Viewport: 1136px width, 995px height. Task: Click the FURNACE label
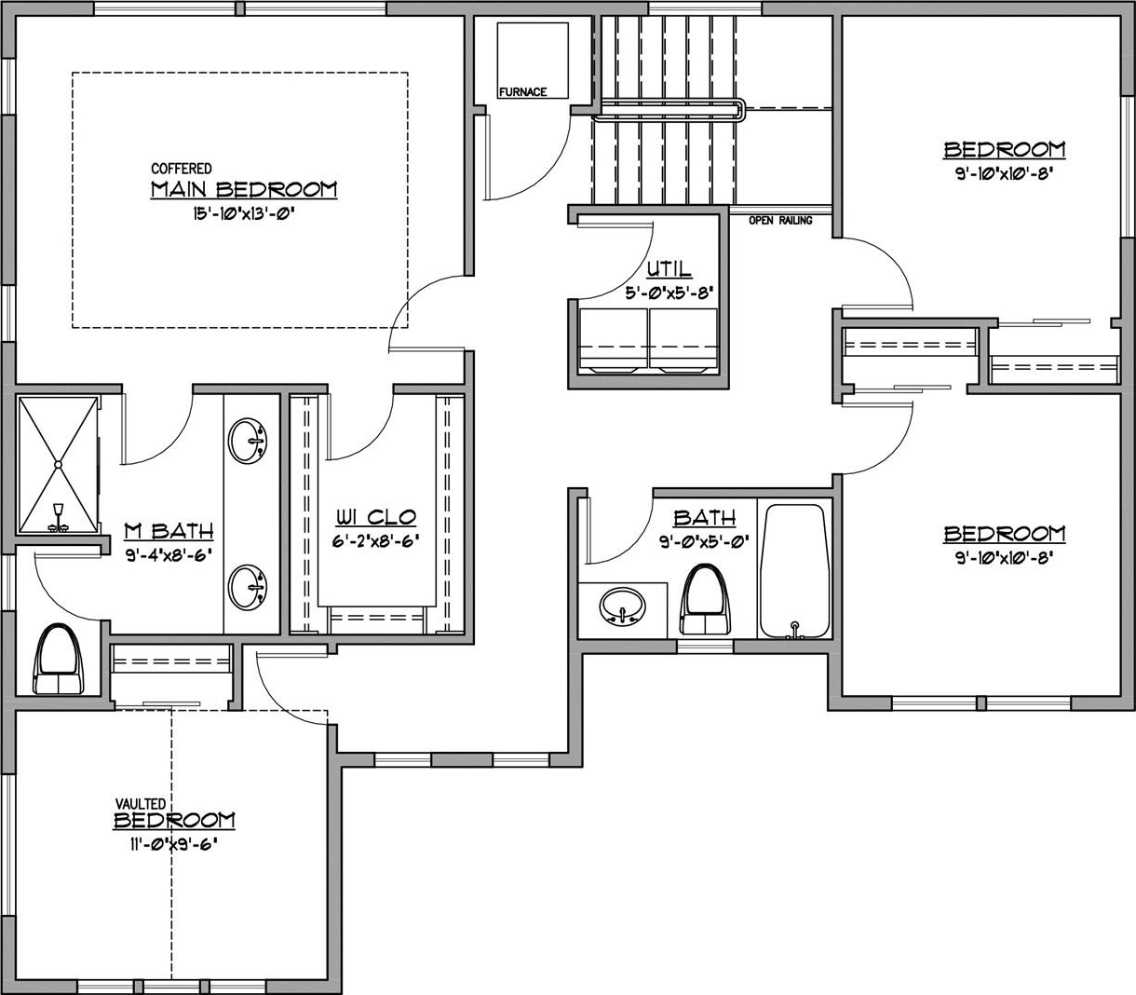click(x=522, y=91)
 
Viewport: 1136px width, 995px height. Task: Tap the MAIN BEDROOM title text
click(x=244, y=189)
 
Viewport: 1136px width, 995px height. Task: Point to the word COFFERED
click(x=182, y=168)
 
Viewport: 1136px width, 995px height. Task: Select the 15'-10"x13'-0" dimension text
click(x=243, y=214)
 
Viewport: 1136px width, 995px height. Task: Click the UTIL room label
click(x=669, y=269)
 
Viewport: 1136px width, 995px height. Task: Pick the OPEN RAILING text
click(x=780, y=221)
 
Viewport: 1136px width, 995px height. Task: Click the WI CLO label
click(x=376, y=517)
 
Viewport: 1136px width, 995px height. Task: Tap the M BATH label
click(x=169, y=531)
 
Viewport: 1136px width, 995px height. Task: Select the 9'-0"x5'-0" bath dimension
click(x=705, y=540)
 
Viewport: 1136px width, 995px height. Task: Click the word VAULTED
click(x=141, y=804)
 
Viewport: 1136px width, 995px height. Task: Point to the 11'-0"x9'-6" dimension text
click(x=172, y=844)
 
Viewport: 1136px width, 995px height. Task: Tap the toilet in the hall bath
click(x=705, y=599)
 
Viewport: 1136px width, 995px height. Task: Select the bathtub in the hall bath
click(x=794, y=571)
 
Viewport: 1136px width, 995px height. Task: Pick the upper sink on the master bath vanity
click(x=248, y=441)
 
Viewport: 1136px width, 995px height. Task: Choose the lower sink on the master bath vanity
click(x=248, y=587)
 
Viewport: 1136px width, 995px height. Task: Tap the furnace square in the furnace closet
click(x=533, y=61)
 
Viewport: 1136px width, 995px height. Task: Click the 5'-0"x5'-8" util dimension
click(x=669, y=293)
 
